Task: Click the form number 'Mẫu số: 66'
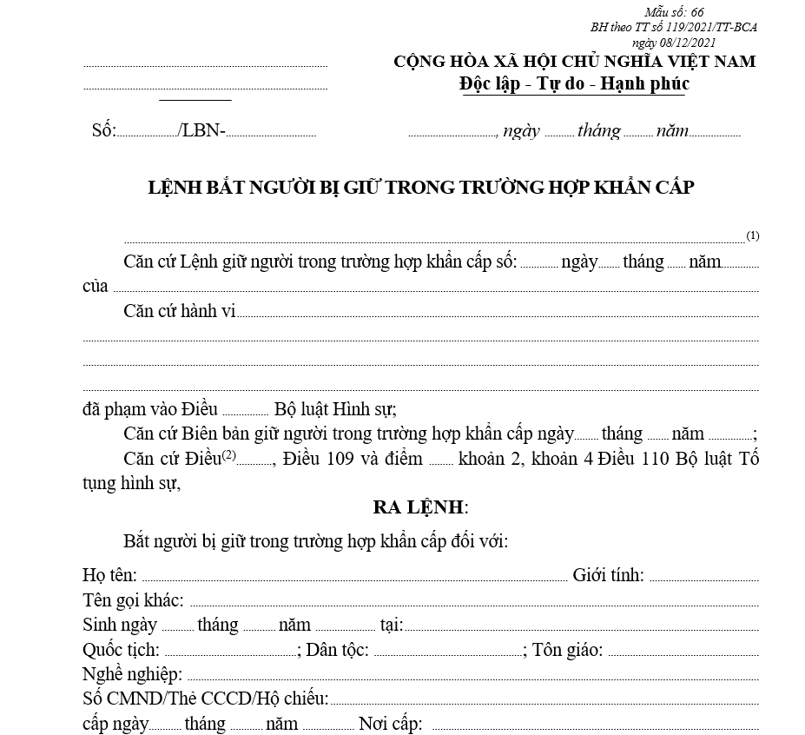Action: point(674,12)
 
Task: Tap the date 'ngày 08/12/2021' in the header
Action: point(674,41)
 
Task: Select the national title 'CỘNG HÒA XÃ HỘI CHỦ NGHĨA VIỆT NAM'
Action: point(575,62)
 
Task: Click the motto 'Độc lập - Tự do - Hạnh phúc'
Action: point(574,84)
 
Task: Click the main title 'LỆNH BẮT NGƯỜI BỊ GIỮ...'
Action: point(422,187)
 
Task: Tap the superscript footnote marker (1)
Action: point(753,235)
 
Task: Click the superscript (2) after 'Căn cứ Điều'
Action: point(229,455)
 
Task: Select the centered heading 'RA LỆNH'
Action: point(420,507)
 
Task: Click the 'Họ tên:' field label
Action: point(109,574)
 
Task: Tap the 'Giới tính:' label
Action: point(608,574)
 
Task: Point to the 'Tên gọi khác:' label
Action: point(133,599)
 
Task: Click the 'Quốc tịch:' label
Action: point(121,650)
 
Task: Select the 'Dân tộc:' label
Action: point(337,650)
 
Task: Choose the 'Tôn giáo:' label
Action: point(568,650)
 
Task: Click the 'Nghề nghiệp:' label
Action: point(132,675)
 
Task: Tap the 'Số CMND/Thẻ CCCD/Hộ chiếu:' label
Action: point(206,699)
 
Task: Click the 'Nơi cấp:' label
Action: point(391,724)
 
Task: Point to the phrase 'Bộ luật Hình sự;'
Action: point(335,409)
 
